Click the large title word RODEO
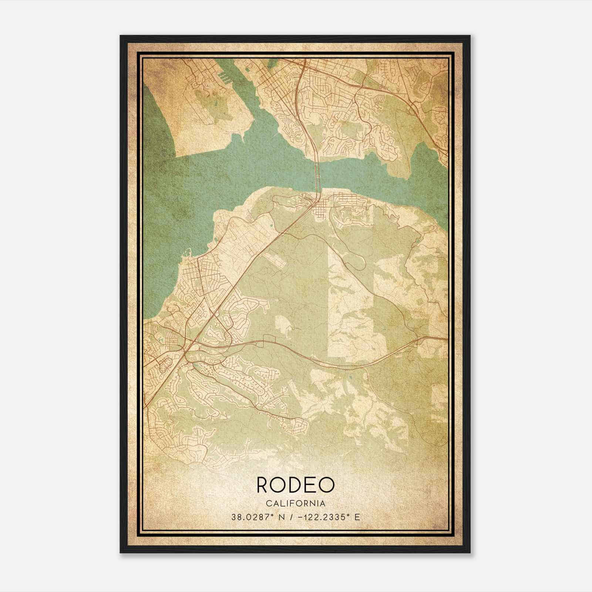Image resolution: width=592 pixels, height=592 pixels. [x=295, y=485]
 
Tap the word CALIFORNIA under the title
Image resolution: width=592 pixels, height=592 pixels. [x=295, y=503]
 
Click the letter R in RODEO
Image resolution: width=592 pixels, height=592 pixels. [x=264, y=485]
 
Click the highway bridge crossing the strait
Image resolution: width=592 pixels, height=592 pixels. [x=317, y=174]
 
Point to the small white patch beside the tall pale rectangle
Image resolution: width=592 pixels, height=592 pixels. [x=284, y=326]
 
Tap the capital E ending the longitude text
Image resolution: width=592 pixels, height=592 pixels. [x=357, y=517]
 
